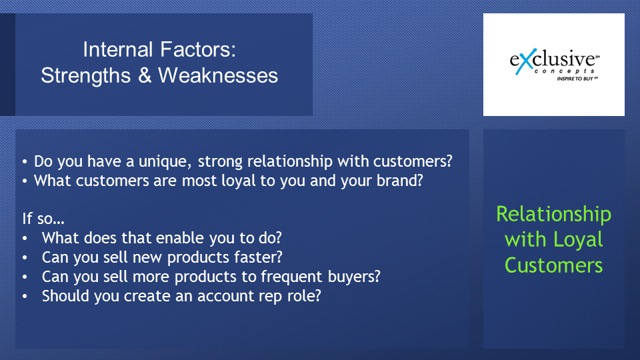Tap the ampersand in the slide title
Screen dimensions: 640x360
coord(145,75)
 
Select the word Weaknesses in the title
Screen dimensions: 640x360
coord(218,75)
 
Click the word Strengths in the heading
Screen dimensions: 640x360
coord(86,76)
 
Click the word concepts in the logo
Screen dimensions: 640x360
coord(565,71)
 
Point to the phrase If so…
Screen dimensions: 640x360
coord(43,219)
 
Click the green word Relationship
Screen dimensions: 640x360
coord(553,214)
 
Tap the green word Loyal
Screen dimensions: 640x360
coord(579,240)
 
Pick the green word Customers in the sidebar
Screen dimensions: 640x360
coord(553,265)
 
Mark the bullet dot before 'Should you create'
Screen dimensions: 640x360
coord(25,296)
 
